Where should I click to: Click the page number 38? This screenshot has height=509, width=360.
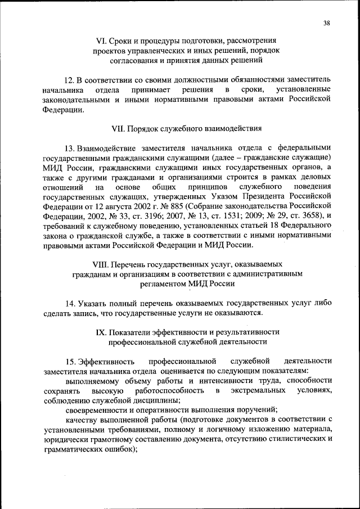pyautogui.click(x=327, y=23)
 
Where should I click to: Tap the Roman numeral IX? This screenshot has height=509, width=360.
pyautogui.click(x=102, y=332)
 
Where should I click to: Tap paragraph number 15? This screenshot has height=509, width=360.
pyautogui.click(x=70, y=361)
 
